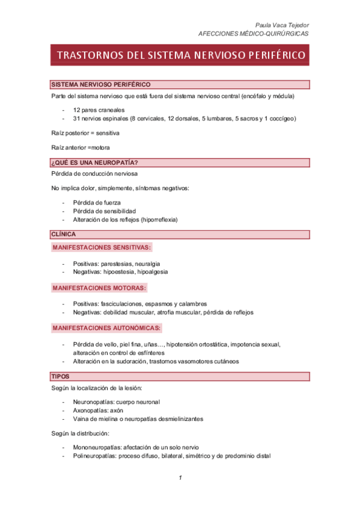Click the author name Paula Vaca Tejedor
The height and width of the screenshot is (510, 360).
[282, 25]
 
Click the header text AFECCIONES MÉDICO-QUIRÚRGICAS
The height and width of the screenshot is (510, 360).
[254, 34]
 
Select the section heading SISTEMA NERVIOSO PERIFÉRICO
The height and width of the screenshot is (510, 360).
[100, 85]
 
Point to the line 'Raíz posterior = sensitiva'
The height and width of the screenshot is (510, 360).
[85, 132]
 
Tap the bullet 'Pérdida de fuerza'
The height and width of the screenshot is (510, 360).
[98, 203]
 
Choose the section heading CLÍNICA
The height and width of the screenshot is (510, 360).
[64, 234]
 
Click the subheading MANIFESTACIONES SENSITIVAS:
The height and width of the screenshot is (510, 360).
[102, 247]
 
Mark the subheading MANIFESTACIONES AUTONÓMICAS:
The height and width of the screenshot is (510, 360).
[106, 328]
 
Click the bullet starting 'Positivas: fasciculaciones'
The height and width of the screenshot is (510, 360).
[139, 304]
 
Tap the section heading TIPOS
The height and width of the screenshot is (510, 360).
[61, 376]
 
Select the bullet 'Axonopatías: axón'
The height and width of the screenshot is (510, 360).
[98, 410]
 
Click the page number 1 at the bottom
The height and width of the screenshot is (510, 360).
[180, 478]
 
